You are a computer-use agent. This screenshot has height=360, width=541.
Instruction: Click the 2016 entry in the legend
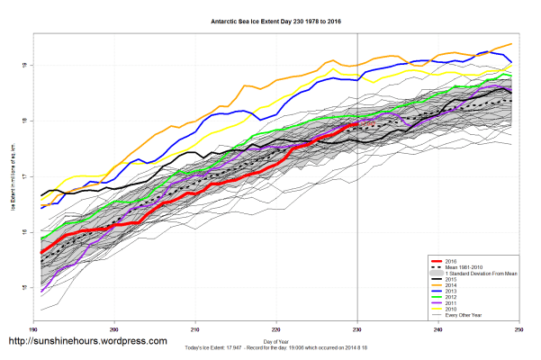462,258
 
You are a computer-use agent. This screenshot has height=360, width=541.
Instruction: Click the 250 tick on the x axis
513,329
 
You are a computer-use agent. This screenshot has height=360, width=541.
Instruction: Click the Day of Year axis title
275,342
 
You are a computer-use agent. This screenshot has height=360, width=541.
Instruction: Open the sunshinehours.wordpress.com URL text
87,342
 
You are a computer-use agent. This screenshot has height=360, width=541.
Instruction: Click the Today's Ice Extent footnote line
275,348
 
